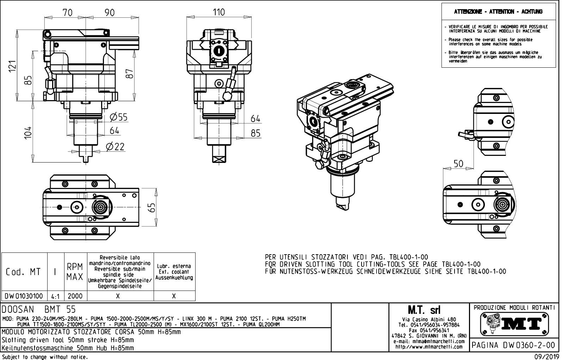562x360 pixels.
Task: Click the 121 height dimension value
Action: (12, 66)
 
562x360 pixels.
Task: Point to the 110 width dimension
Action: (218, 12)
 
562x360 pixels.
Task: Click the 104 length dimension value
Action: (28, 133)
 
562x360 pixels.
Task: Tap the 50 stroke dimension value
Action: (458, 164)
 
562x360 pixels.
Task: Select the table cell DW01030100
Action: (24, 296)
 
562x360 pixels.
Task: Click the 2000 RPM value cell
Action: (75, 296)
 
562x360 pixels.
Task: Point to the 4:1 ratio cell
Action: (55, 297)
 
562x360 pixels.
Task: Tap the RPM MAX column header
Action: (75, 272)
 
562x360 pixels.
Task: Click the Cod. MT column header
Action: (23, 272)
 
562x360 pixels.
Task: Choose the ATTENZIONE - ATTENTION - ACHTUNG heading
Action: (498, 12)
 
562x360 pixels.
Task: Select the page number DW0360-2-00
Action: (514, 345)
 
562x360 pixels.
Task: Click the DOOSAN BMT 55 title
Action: (39, 310)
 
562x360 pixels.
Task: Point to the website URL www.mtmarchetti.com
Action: (429, 347)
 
